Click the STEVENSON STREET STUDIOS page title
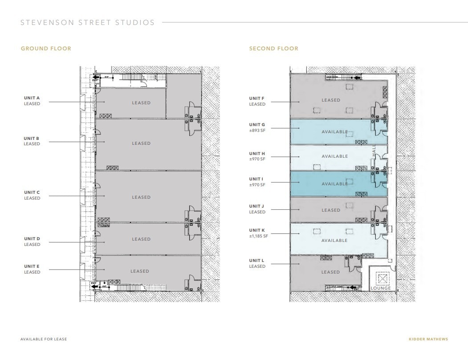click(x=88, y=22)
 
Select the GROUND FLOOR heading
click(x=46, y=49)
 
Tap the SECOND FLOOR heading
click(x=273, y=49)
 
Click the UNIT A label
click(x=32, y=98)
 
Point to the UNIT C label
click(x=32, y=192)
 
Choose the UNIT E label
click(x=32, y=266)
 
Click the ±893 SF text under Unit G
click(x=257, y=130)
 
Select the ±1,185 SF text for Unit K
click(x=259, y=236)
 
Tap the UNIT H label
click(x=257, y=154)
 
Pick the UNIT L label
click(x=257, y=261)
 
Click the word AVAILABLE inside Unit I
click(x=334, y=184)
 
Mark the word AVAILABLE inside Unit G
click(x=334, y=132)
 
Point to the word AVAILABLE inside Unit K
click(x=334, y=241)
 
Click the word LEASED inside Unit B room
click(x=141, y=143)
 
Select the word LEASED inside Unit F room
click(x=331, y=100)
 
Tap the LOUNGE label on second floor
click(x=380, y=288)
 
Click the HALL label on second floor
click(x=374, y=150)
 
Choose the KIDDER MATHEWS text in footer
click(x=428, y=340)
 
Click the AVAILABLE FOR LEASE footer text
click(x=44, y=340)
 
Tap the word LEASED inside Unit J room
click(x=331, y=210)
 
